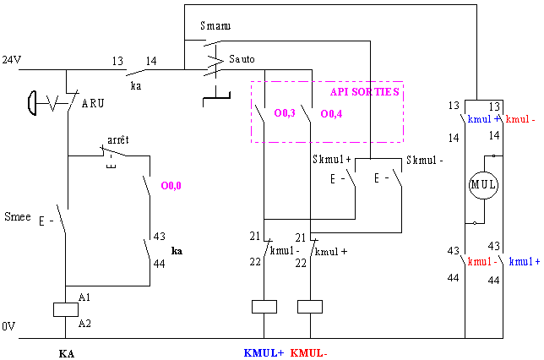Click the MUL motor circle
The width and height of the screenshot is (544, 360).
483,172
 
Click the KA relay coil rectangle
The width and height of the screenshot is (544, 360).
66,309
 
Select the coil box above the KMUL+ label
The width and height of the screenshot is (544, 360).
264,307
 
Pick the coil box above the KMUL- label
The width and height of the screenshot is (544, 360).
310,307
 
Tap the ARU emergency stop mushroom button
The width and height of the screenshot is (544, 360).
32,103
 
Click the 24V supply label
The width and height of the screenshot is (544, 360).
12,60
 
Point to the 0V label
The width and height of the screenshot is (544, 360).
8,326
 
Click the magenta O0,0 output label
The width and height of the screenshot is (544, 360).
171,186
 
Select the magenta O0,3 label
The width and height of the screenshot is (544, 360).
285,113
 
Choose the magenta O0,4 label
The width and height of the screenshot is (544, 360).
331,113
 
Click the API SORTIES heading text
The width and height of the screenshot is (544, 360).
365,91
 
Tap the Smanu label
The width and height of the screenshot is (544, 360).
215,25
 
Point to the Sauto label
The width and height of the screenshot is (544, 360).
242,59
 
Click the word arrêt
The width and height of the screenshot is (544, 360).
118,140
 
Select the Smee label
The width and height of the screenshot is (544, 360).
18,216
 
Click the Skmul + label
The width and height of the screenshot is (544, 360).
332,160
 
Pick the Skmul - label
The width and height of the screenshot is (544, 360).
425,160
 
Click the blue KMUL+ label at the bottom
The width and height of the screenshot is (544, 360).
264,353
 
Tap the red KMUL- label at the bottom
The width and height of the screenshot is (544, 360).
309,353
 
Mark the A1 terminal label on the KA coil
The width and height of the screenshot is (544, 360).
84,297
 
